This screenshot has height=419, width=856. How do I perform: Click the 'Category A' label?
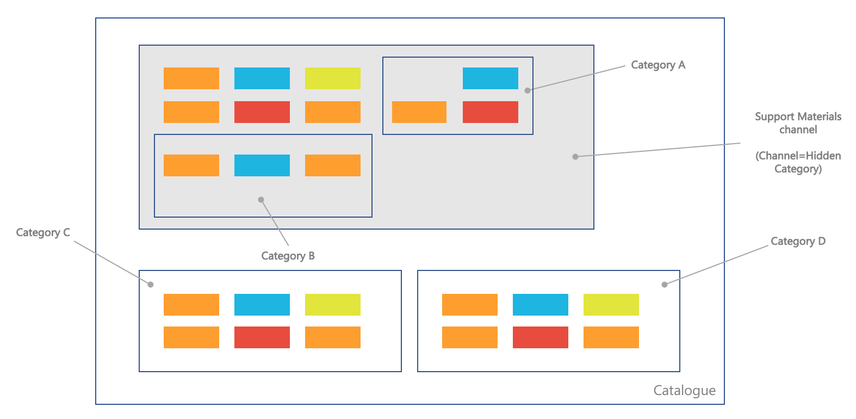pyautogui.click(x=658, y=65)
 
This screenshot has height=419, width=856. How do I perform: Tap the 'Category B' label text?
pyautogui.click(x=288, y=256)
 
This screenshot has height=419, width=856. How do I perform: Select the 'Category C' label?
pyautogui.click(x=43, y=233)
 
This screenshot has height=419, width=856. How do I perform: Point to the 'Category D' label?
pyautogui.click(x=798, y=241)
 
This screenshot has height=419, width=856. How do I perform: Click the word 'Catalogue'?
pyautogui.click(x=684, y=390)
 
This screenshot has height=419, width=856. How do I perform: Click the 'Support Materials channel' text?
pyautogui.click(x=798, y=123)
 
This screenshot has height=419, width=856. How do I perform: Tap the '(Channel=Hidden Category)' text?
pyautogui.click(x=798, y=162)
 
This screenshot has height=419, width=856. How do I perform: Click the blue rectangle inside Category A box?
pyautogui.click(x=491, y=78)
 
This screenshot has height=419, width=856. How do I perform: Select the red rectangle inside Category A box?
pyautogui.click(x=491, y=112)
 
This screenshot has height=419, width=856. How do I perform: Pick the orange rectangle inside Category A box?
pyautogui.click(x=419, y=112)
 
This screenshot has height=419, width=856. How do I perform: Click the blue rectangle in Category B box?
pyautogui.click(x=262, y=165)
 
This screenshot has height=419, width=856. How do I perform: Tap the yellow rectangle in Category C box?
pyautogui.click(x=332, y=305)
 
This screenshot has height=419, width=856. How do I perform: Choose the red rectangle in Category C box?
pyautogui.click(x=262, y=337)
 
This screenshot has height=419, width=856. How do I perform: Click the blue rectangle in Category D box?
pyautogui.click(x=541, y=305)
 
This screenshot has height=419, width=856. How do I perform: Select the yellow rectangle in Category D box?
pyautogui.click(x=611, y=305)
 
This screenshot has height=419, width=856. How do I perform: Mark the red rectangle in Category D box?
pyautogui.click(x=541, y=337)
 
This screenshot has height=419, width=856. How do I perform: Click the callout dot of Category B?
pyautogui.click(x=261, y=200)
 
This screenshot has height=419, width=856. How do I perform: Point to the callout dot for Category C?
pyautogui.click(x=151, y=285)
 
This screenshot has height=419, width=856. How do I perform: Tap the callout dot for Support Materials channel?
pyautogui.click(x=575, y=157)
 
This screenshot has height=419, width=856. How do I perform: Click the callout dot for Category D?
pyautogui.click(x=665, y=285)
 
